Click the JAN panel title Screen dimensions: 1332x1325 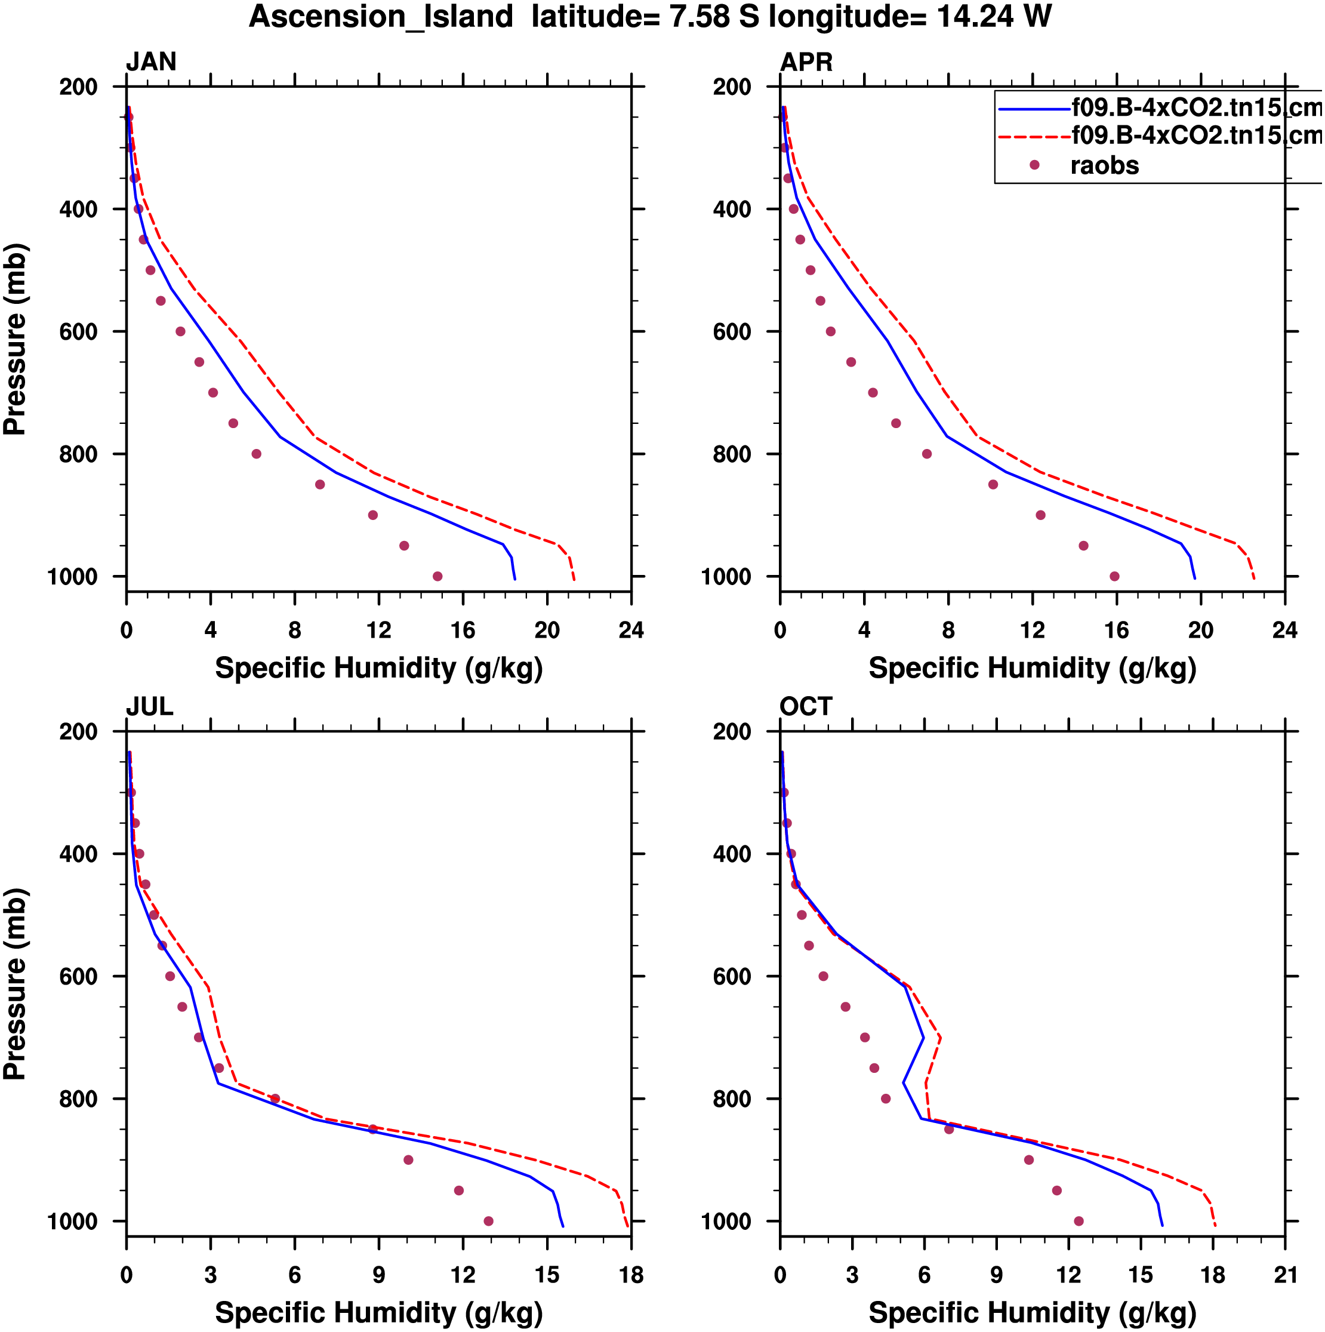[151, 62]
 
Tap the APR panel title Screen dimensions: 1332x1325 [806, 62]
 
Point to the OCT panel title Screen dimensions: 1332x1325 [806, 707]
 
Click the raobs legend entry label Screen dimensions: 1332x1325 [1104, 165]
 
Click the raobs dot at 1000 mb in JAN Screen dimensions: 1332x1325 [437, 576]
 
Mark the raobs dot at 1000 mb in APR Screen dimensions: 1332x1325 [1115, 576]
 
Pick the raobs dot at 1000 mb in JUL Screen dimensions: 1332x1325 [489, 1221]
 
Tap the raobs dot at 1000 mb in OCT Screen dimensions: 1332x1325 [1079, 1221]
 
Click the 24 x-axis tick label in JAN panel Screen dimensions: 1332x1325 [631, 630]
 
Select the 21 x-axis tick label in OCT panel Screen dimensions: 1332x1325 [1285, 1275]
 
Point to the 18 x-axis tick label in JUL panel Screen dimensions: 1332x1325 [631, 1275]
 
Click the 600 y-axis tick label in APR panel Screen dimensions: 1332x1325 [732, 331]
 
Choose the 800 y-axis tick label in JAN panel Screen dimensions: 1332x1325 [78, 454]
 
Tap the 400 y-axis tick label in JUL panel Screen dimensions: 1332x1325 [78, 854]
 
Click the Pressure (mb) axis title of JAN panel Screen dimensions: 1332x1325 [15, 339]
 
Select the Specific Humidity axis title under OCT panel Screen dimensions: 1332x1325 [1032, 1313]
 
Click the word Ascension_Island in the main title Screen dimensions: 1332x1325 [381, 17]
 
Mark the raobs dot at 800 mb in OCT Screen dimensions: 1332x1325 [886, 1099]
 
